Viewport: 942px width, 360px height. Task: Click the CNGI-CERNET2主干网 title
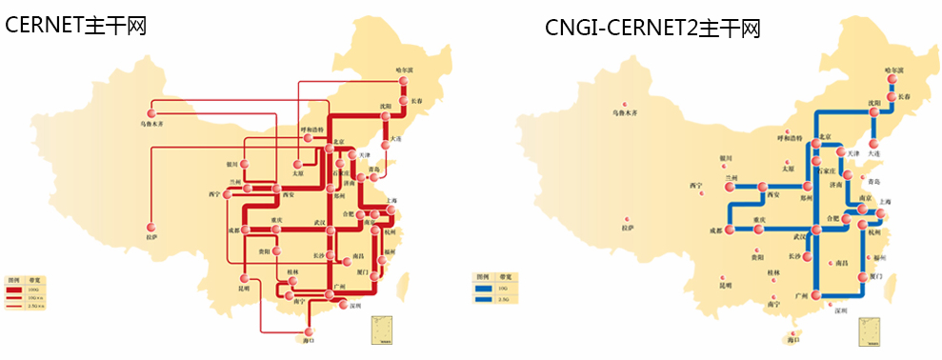point(652,28)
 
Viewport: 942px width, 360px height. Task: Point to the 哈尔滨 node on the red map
point(403,80)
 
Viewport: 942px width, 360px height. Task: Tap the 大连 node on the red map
point(391,139)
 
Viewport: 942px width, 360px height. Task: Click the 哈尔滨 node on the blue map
point(893,80)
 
